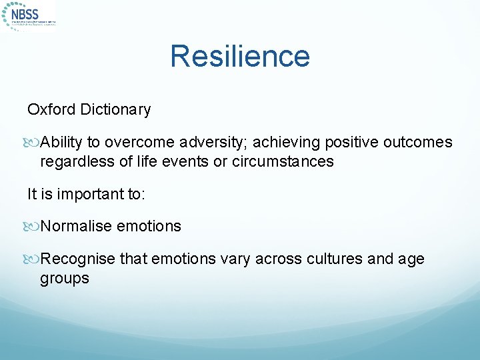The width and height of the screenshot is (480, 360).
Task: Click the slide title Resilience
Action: pos(240,56)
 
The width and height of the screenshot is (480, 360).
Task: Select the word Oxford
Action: pos(51,109)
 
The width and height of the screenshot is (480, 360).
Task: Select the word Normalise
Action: pos(76,226)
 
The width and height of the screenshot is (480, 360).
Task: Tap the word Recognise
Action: pos(78,259)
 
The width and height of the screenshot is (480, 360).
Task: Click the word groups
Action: pos(64,278)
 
